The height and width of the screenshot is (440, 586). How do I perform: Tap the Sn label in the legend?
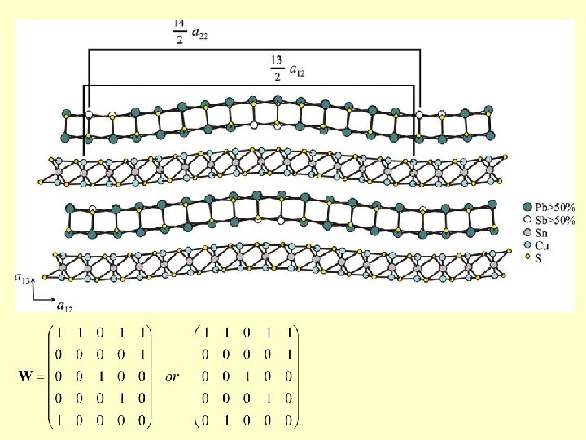tap(544, 233)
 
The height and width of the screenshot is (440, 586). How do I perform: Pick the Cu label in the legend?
tap(544, 245)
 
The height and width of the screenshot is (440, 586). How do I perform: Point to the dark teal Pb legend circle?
tap(527, 207)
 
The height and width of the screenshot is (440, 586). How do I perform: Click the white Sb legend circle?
tap(527, 220)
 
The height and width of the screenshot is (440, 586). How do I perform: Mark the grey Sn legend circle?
tap(527, 233)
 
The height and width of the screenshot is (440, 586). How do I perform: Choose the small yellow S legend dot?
tap(527, 257)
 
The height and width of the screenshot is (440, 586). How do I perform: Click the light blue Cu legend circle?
tap(527, 245)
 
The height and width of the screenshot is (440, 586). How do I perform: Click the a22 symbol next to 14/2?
tap(200, 33)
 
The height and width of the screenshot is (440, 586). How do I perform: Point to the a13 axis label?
tap(23, 278)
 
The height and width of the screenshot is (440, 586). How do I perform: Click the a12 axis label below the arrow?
tap(64, 306)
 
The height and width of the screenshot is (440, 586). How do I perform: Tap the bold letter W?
tap(26, 377)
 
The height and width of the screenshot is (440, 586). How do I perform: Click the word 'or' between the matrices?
tap(172, 377)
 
